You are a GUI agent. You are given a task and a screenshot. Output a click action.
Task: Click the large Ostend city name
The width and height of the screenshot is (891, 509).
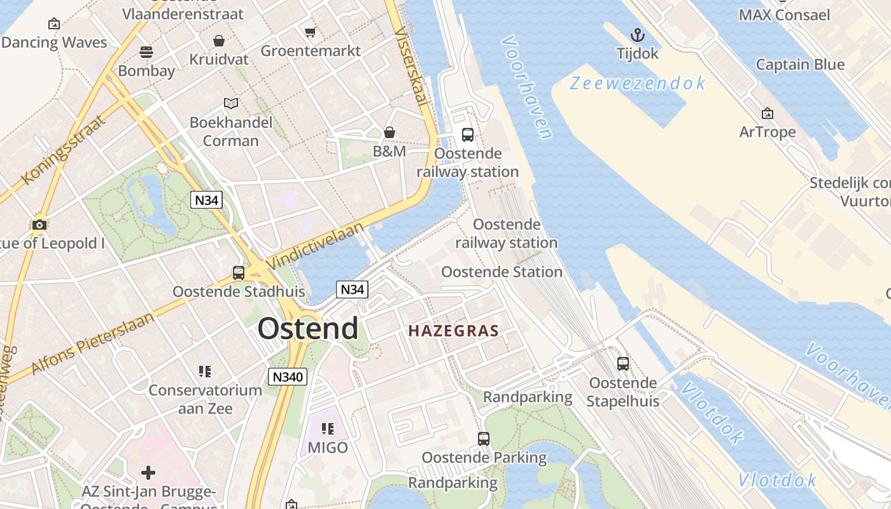(x=308, y=329)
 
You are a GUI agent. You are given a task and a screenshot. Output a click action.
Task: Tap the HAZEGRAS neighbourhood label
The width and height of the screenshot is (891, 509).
(x=453, y=331)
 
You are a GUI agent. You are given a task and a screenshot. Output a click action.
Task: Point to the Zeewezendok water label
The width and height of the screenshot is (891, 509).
(x=638, y=83)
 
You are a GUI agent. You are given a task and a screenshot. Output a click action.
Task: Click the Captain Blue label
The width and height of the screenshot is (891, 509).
(x=800, y=64)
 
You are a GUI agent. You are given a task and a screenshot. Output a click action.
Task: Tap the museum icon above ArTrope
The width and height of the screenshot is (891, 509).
(x=768, y=113)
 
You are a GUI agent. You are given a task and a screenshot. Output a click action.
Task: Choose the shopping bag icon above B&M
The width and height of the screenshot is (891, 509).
(x=389, y=132)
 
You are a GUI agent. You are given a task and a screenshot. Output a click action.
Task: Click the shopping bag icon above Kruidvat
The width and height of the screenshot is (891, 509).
(x=219, y=41)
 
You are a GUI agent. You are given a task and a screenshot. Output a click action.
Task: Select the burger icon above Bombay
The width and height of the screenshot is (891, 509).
(x=146, y=52)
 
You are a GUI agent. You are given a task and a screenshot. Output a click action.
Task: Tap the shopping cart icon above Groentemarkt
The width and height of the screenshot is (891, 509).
(x=310, y=32)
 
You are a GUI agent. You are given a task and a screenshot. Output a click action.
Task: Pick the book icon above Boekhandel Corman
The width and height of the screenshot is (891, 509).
(x=231, y=103)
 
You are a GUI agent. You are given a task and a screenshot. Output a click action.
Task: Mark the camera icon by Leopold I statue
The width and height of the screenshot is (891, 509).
(x=39, y=225)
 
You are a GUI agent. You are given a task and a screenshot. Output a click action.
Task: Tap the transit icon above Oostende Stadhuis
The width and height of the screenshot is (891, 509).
(x=239, y=273)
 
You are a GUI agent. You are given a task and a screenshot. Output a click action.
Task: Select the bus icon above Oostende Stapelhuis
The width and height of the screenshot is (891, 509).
(x=623, y=364)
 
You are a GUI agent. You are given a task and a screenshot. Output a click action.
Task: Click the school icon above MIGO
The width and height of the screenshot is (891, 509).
(x=328, y=429)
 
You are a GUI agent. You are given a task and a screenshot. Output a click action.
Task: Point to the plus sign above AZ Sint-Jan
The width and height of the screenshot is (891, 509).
(x=148, y=472)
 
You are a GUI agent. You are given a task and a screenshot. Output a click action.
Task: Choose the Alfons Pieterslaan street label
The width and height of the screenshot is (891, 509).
(x=93, y=344)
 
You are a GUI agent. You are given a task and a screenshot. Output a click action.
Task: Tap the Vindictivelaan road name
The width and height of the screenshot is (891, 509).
(x=316, y=245)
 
